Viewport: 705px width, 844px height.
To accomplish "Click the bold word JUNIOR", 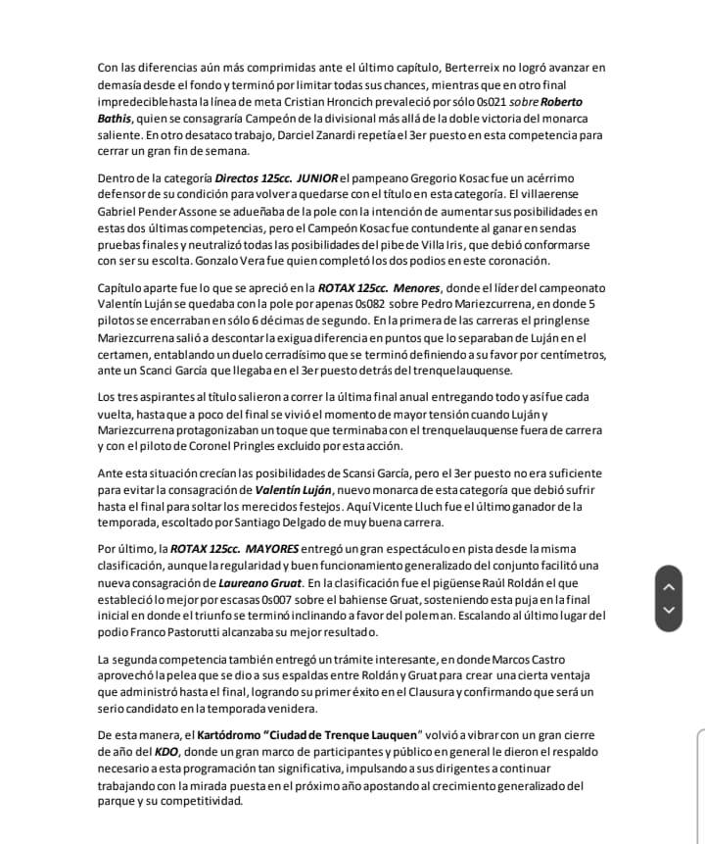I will pyautogui.click(x=317, y=177).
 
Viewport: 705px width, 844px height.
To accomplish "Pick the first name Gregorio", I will pyautogui.click(x=426, y=177).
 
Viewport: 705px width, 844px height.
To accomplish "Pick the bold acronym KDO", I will pyautogui.click(x=166, y=752).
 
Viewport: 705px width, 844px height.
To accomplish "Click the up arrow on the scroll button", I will pyautogui.click(x=670, y=586).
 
